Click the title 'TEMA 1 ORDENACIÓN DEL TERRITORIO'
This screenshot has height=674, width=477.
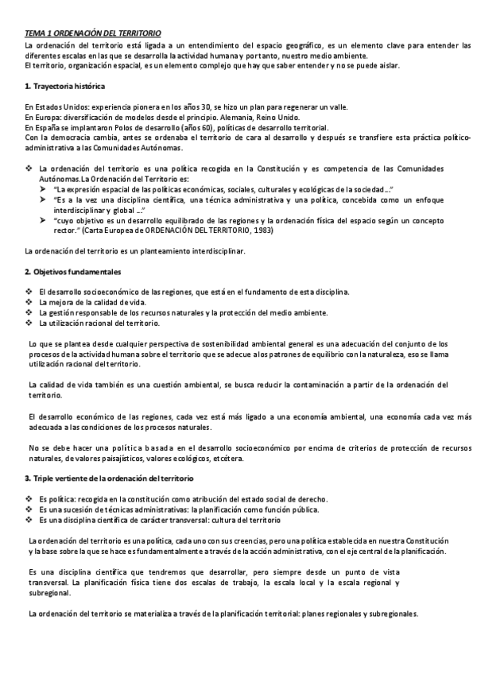pos(92,33)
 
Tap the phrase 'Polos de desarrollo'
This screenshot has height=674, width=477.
pos(144,127)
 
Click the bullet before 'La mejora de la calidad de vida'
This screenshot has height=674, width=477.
pos(29,303)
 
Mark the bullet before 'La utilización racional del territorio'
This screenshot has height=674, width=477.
pos(29,323)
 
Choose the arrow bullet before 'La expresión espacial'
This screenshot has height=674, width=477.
pos(43,190)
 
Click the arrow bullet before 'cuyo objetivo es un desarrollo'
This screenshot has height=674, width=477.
pos(43,221)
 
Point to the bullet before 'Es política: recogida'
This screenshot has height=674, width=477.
pos(29,499)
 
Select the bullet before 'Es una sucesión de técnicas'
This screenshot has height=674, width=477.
pos(29,509)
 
